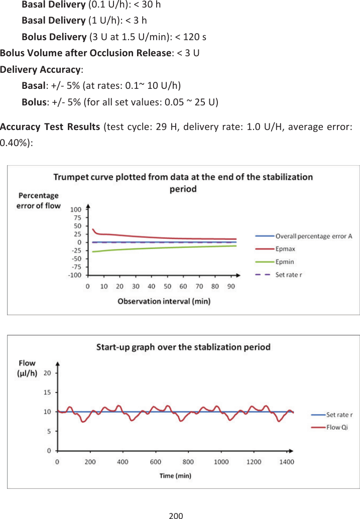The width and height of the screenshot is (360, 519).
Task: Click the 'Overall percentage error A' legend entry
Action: tap(314, 236)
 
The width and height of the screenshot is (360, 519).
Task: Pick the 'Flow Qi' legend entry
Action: tap(337, 428)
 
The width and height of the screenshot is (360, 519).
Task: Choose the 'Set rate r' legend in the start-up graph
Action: tap(339, 415)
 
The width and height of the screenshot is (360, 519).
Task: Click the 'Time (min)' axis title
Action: tap(175, 475)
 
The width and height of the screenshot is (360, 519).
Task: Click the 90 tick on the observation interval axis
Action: tap(231, 286)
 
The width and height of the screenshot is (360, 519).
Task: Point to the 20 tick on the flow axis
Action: tap(47, 373)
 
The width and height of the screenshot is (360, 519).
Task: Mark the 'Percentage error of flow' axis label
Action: tap(38, 200)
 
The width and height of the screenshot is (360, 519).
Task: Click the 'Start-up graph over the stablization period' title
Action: tap(183, 347)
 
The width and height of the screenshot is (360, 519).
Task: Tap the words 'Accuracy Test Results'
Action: tap(50, 125)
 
